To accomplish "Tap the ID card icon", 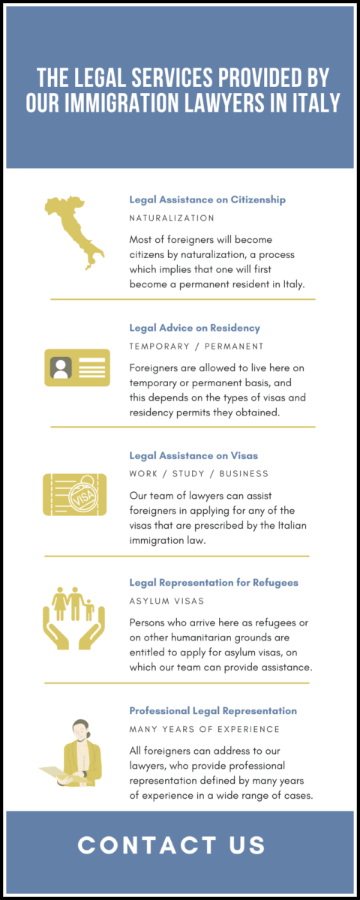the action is [76, 368].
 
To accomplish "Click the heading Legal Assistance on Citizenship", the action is [207, 200].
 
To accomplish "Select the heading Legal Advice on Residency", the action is [194, 328].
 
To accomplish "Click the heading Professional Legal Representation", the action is [213, 710].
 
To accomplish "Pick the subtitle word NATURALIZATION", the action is [172, 218].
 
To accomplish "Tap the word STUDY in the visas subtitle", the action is [190, 474].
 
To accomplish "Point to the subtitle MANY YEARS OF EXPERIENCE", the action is [204, 729].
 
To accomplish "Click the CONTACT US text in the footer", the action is [172, 845].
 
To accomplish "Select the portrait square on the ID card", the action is [61, 368].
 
